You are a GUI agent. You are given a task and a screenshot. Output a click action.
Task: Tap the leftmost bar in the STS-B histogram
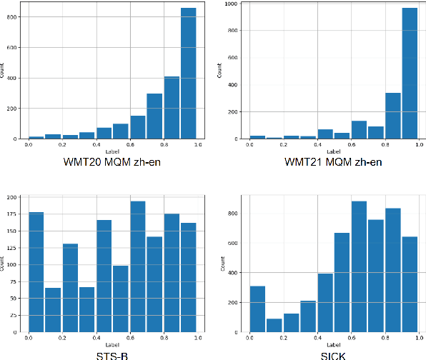click(36, 272)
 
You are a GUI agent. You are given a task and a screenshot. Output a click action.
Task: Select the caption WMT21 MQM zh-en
click(333, 162)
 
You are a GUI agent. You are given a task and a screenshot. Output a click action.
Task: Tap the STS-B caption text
click(112, 354)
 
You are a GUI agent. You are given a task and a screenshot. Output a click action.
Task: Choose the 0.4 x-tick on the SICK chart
click(315, 338)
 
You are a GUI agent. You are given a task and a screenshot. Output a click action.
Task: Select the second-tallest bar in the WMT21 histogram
click(392, 115)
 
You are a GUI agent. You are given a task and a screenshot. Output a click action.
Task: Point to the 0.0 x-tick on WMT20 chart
click(28, 145)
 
